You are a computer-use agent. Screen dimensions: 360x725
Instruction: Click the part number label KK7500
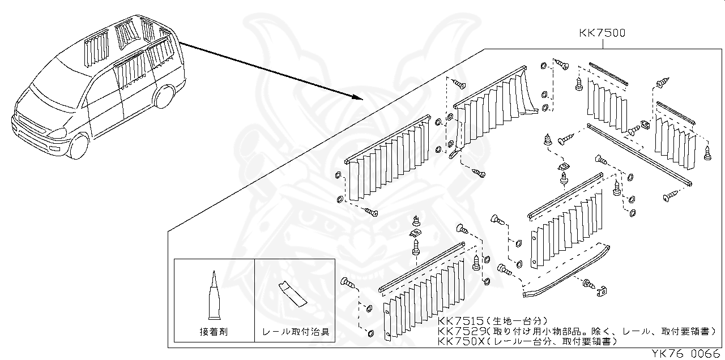click(x=602, y=33)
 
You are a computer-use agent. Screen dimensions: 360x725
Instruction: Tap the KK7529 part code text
click(x=460, y=331)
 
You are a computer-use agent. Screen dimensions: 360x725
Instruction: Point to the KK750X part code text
click(x=460, y=341)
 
